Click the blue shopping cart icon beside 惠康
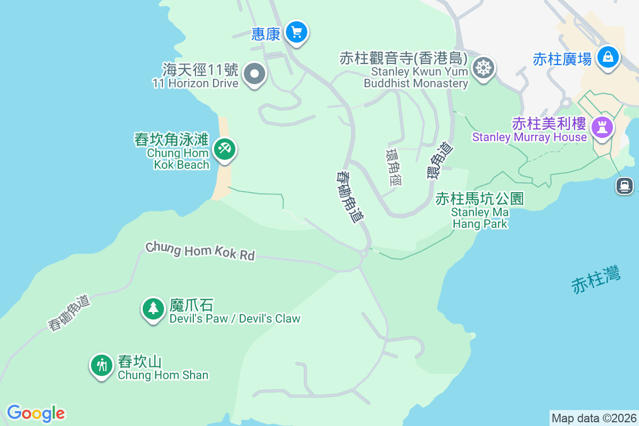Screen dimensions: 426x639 click(x=296, y=32)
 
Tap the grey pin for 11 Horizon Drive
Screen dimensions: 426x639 click(x=255, y=75)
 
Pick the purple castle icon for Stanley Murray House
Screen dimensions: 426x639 click(x=602, y=127)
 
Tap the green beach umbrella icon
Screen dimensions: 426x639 click(x=224, y=149)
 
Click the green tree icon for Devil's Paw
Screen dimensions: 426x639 click(x=153, y=308)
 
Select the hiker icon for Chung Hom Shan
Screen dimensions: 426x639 click(x=101, y=365)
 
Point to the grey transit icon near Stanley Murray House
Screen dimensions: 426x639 click(x=624, y=185)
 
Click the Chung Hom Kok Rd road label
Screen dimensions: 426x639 click(x=200, y=251)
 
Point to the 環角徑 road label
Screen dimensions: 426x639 click(x=394, y=167)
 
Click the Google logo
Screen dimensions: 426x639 click(x=36, y=413)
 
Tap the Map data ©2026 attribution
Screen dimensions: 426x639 click(x=594, y=418)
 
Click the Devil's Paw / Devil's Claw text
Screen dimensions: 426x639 click(x=234, y=319)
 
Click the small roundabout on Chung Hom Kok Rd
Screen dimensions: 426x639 click(x=363, y=254)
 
